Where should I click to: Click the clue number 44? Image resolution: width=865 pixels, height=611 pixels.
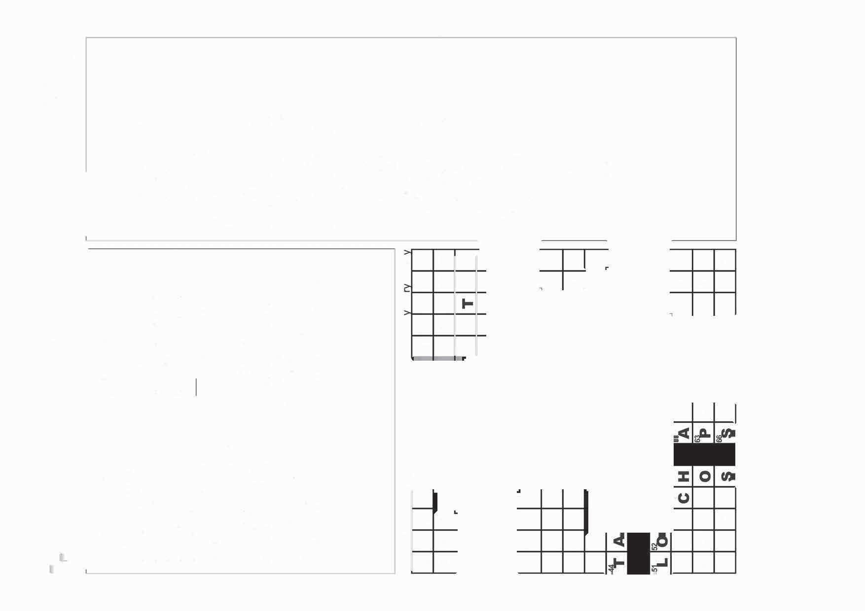(x=612, y=569)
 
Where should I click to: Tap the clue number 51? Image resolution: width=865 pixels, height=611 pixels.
(x=655, y=569)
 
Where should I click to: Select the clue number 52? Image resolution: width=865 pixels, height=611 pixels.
(x=655, y=547)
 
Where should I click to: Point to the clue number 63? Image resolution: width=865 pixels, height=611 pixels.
(x=697, y=438)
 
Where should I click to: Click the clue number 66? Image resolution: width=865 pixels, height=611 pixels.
(x=719, y=438)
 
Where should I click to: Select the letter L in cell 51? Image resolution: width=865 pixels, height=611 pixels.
(x=663, y=562)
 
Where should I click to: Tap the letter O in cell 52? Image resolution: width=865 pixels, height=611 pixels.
(x=663, y=541)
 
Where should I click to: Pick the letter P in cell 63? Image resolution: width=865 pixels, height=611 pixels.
(x=706, y=433)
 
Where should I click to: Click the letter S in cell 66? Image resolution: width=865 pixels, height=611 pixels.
(x=727, y=433)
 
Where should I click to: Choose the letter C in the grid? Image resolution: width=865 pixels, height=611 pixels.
(x=684, y=498)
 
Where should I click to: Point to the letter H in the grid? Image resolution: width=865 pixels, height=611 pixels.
(x=684, y=476)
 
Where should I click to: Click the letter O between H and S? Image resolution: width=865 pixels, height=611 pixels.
(x=706, y=476)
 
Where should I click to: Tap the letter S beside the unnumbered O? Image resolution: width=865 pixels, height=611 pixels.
(x=727, y=476)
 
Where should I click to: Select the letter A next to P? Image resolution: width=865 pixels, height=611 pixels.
(x=684, y=433)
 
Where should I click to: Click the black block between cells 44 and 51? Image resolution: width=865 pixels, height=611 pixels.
(x=639, y=553)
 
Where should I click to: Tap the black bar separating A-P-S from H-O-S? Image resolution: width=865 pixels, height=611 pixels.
(x=704, y=454)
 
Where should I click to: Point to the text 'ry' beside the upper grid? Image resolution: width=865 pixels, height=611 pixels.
(x=407, y=287)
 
